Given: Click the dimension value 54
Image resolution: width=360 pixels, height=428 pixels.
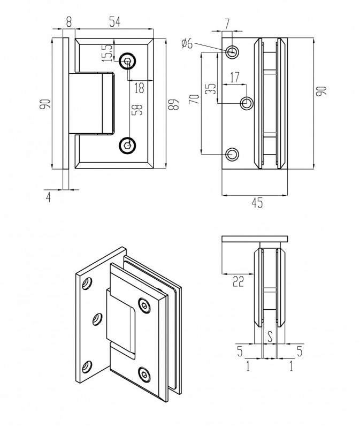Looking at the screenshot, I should (x=114, y=21).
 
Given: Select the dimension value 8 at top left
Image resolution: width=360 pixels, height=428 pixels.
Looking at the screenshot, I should (x=68, y=21).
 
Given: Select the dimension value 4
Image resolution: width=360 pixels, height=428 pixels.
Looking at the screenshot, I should (x=49, y=196).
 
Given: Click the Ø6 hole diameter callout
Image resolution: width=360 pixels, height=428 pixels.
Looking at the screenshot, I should (x=187, y=44).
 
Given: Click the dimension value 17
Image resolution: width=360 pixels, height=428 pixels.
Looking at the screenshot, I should (x=234, y=77).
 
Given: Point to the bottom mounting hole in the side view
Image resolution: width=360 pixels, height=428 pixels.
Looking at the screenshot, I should (x=232, y=155).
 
